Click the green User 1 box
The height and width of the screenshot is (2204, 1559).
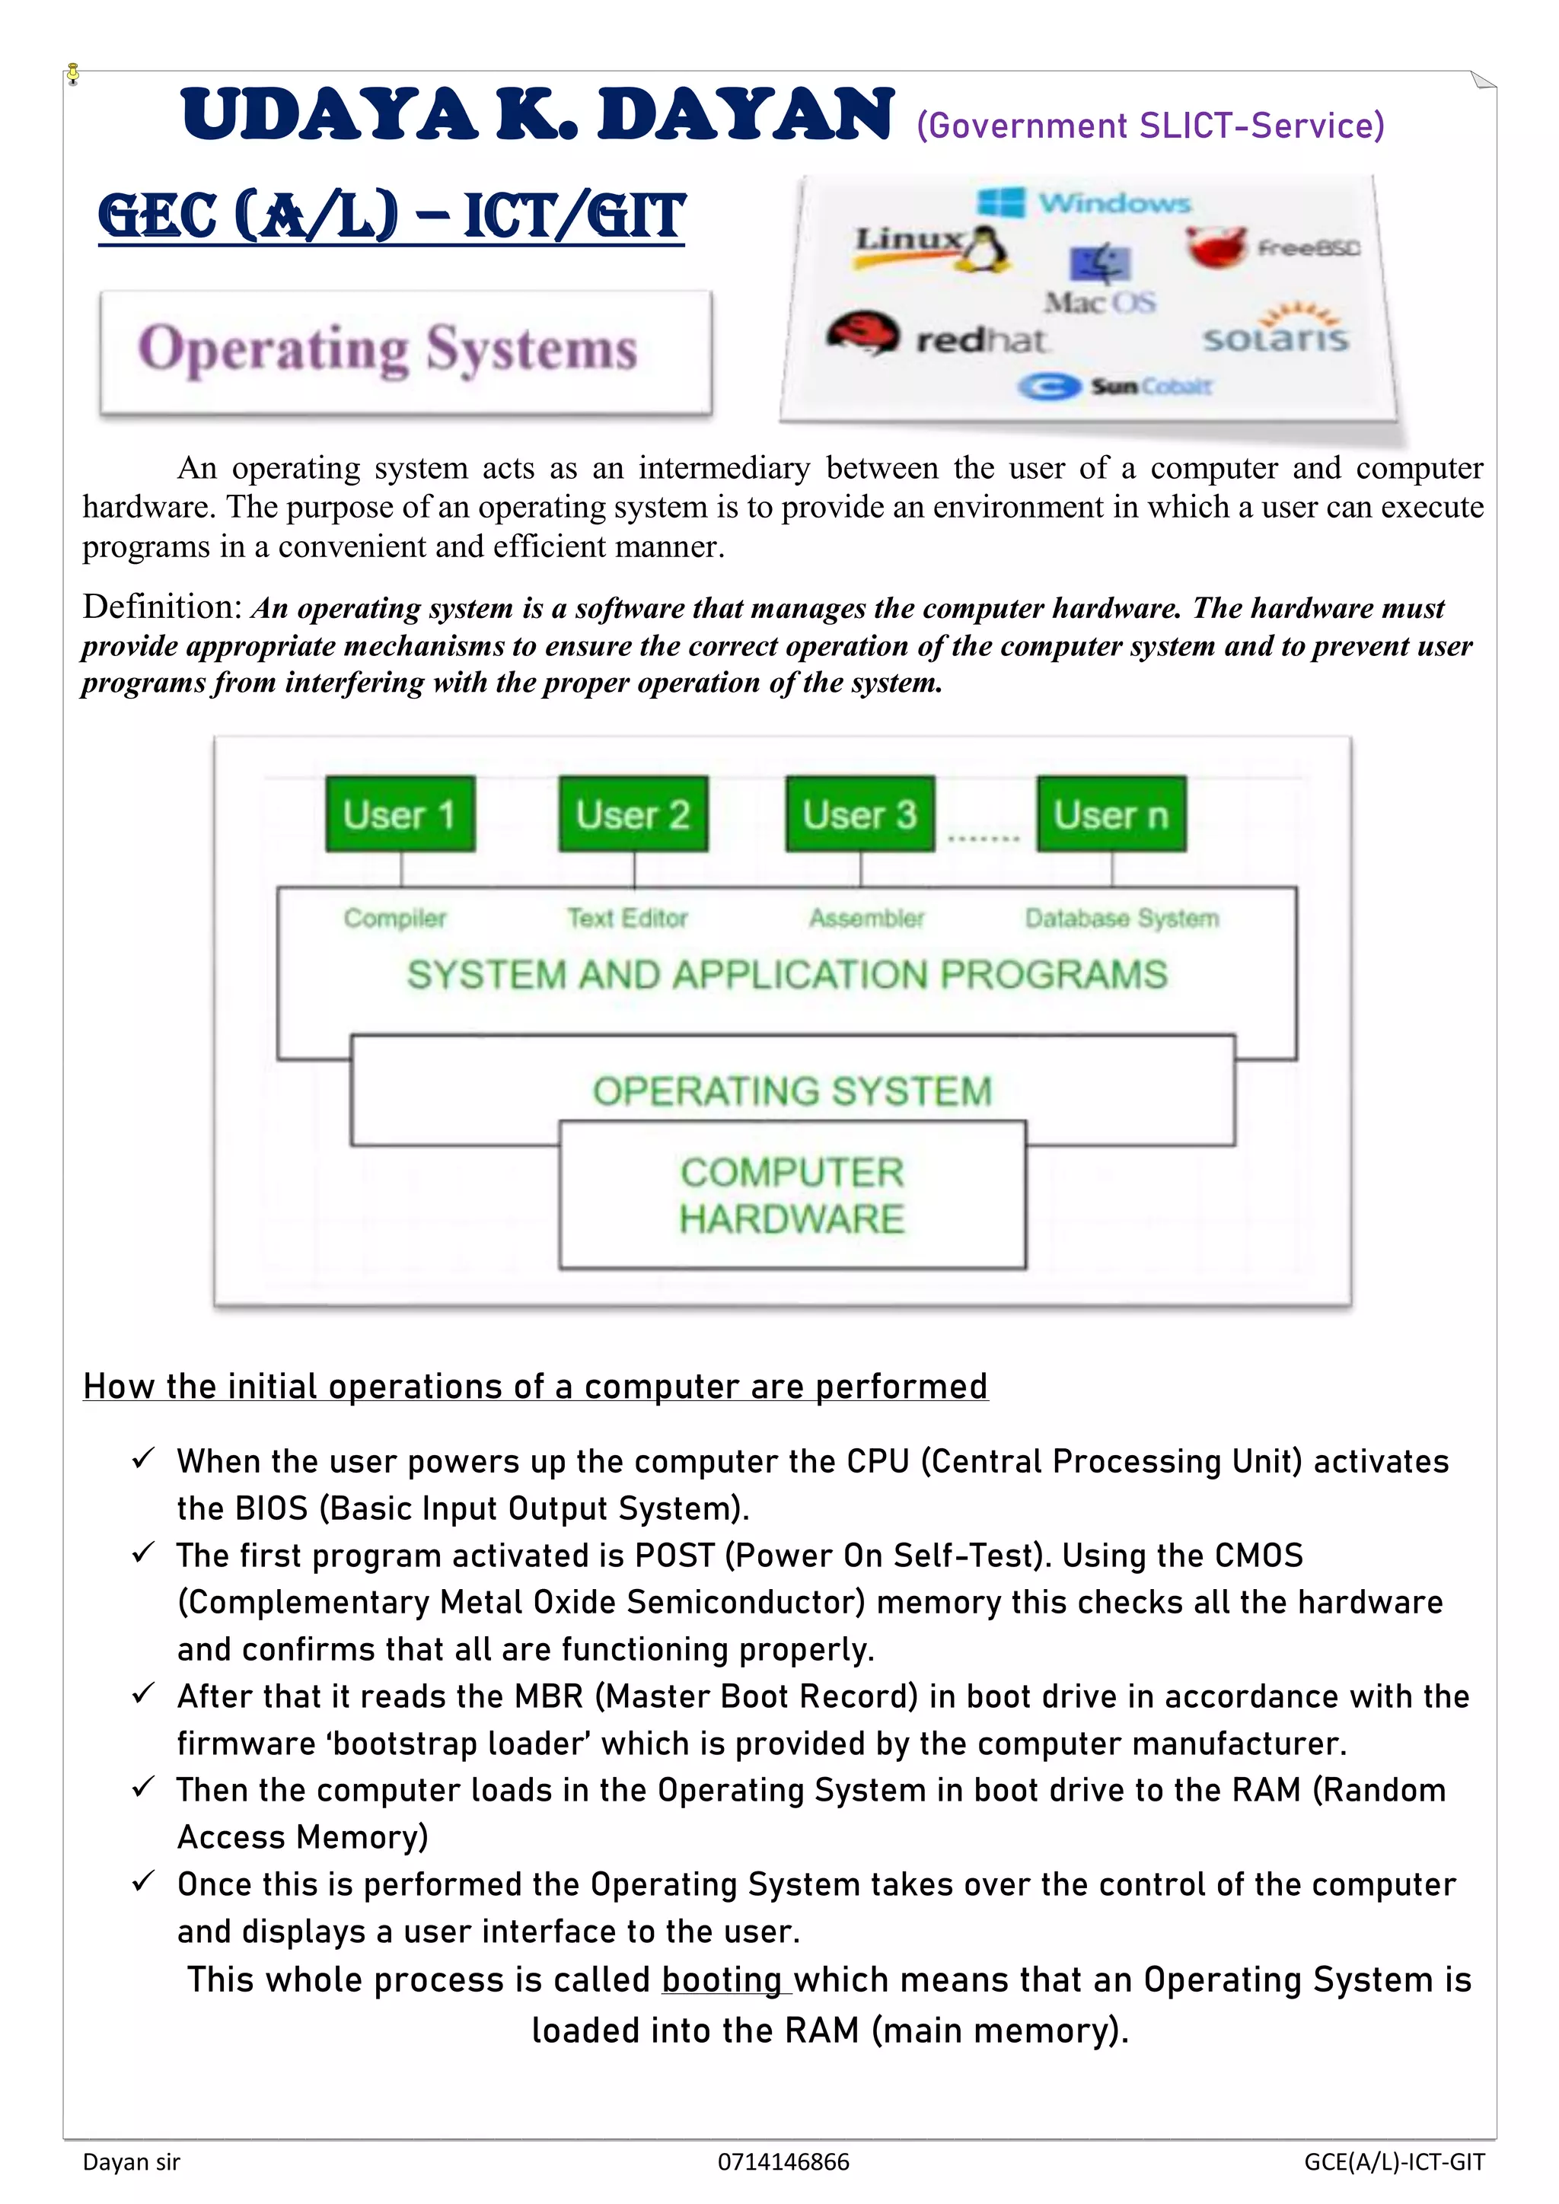pyautogui.click(x=400, y=814)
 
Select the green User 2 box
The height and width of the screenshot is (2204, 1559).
pyautogui.click(x=633, y=814)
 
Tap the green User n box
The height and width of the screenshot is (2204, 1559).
pyautogui.click(x=1111, y=814)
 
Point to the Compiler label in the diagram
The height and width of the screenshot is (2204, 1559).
pyautogui.click(x=394, y=919)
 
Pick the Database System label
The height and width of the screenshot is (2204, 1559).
pyautogui.click(x=1121, y=919)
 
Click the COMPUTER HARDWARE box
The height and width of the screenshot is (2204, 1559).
pyautogui.click(x=792, y=1195)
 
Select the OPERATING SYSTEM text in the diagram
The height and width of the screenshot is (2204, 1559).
pyautogui.click(x=792, y=1091)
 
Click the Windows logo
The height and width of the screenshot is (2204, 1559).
pyautogui.click(x=1000, y=202)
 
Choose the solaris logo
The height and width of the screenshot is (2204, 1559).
pyautogui.click(x=1275, y=331)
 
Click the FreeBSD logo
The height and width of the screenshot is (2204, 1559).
pyautogui.click(x=1216, y=247)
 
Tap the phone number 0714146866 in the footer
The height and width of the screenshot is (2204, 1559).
pyautogui.click(x=783, y=2162)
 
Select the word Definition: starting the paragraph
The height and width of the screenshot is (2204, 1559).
pyautogui.click(x=163, y=607)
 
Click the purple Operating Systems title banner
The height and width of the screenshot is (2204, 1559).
pyautogui.click(x=405, y=352)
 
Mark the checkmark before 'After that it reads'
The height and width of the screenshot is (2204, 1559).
pyautogui.click(x=143, y=1693)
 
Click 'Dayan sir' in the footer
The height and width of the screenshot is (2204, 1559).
pyautogui.click(x=132, y=2162)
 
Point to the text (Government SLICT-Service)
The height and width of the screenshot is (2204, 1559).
pyautogui.click(x=1150, y=126)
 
